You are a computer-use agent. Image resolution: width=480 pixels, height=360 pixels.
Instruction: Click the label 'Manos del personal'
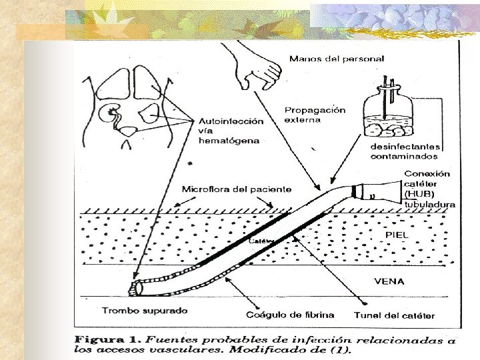(336, 59)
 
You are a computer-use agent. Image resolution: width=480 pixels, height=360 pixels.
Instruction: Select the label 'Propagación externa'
(315, 115)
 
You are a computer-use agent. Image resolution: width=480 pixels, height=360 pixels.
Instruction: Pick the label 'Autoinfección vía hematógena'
(230, 131)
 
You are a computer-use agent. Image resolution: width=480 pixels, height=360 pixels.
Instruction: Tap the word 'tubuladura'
(430, 204)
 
